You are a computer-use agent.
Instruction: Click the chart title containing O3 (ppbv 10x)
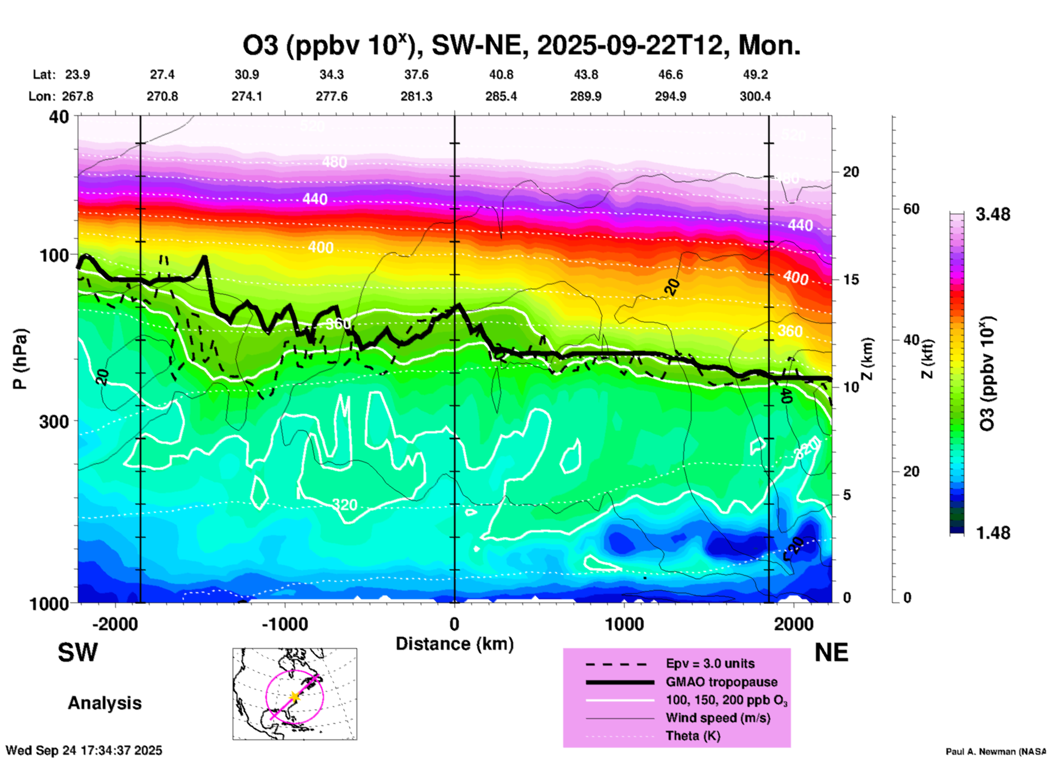521,45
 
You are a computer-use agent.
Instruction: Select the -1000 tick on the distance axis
284,624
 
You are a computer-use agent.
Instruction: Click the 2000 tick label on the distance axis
794,624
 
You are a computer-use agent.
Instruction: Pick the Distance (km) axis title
454,644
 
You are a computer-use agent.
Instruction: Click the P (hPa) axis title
20,358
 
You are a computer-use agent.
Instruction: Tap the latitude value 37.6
416,74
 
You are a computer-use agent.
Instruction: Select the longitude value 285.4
501,97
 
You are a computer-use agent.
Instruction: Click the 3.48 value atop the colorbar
993,214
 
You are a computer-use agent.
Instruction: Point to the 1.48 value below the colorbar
993,533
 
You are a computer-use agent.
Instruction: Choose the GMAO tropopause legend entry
721,682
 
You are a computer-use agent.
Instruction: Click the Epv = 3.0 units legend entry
710,663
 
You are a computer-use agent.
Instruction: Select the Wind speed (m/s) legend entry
718,718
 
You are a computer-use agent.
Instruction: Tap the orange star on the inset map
295,696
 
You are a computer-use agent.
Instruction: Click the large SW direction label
78,653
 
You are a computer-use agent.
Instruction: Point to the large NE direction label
831,653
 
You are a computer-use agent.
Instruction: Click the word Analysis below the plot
104,703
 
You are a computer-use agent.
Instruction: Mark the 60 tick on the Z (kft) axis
911,209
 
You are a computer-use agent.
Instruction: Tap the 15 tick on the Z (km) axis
851,279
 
